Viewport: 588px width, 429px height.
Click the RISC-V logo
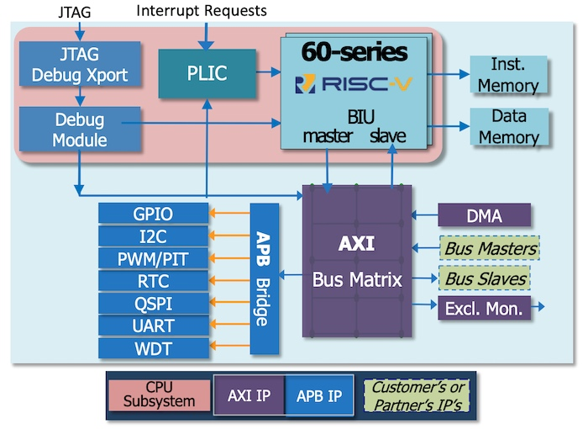click(354, 84)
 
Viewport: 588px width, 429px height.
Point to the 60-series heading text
click(354, 53)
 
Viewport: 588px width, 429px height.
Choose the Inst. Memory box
click(508, 75)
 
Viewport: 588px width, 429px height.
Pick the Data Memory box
click(508, 126)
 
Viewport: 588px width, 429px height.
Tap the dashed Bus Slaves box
click(488, 278)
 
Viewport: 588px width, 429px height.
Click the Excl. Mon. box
click(485, 308)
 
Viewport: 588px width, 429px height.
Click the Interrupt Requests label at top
click(201, 11)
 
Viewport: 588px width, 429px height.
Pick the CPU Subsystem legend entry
click(159, 395)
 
